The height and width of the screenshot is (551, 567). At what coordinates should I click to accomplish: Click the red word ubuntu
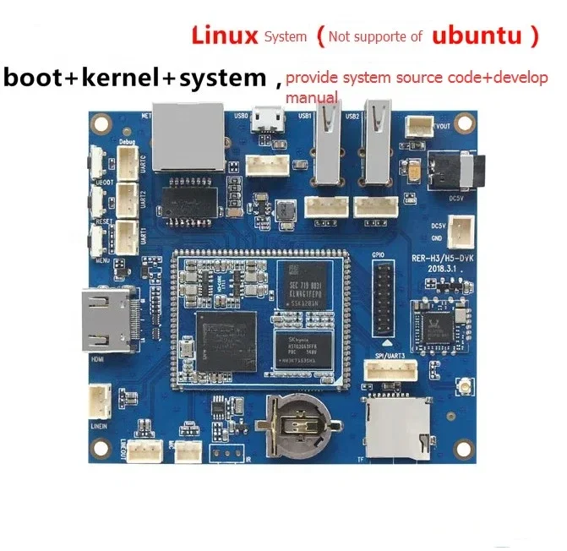[x=477, y=36]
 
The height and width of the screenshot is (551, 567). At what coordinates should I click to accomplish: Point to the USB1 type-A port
[x=328, y=153]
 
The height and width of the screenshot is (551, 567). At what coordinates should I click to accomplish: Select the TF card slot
[x=396, y=428]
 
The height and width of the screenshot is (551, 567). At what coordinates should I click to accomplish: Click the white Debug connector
[x=127, y=164]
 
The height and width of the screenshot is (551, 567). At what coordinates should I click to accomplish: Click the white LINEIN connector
[x=100, y=400]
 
